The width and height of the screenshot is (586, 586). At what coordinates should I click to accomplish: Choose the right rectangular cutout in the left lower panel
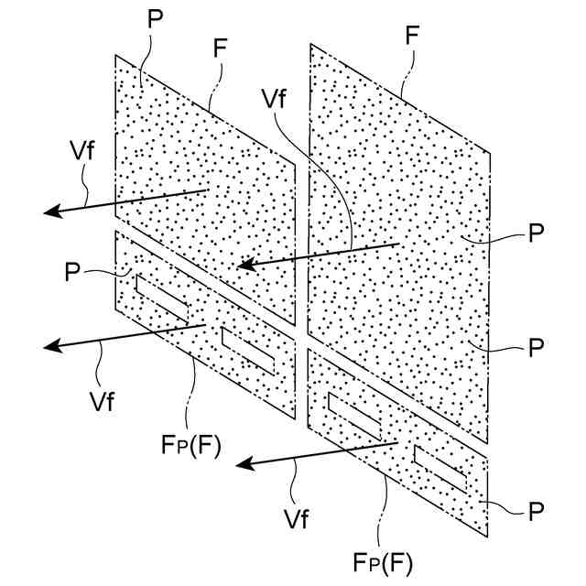point(248,349)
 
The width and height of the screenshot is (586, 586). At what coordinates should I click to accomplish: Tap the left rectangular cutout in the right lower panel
point(353,413)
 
